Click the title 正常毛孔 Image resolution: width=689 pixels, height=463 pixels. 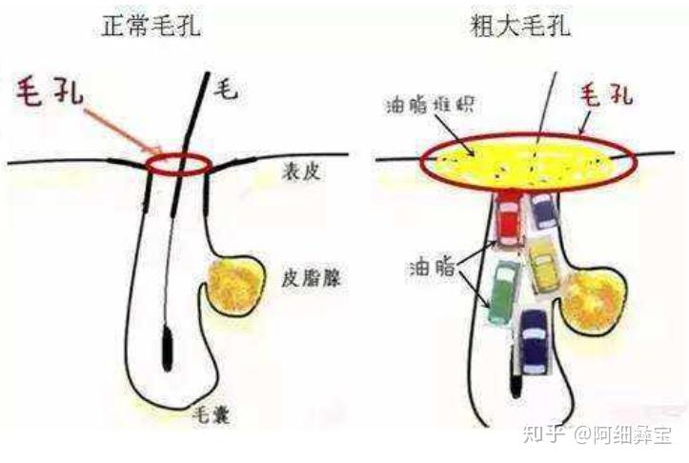(153, 26)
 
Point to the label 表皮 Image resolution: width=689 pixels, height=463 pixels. (303, 171)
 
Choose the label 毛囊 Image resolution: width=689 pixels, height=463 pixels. (210, 416)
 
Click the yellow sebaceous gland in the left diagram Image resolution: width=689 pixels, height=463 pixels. (233, 287)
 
